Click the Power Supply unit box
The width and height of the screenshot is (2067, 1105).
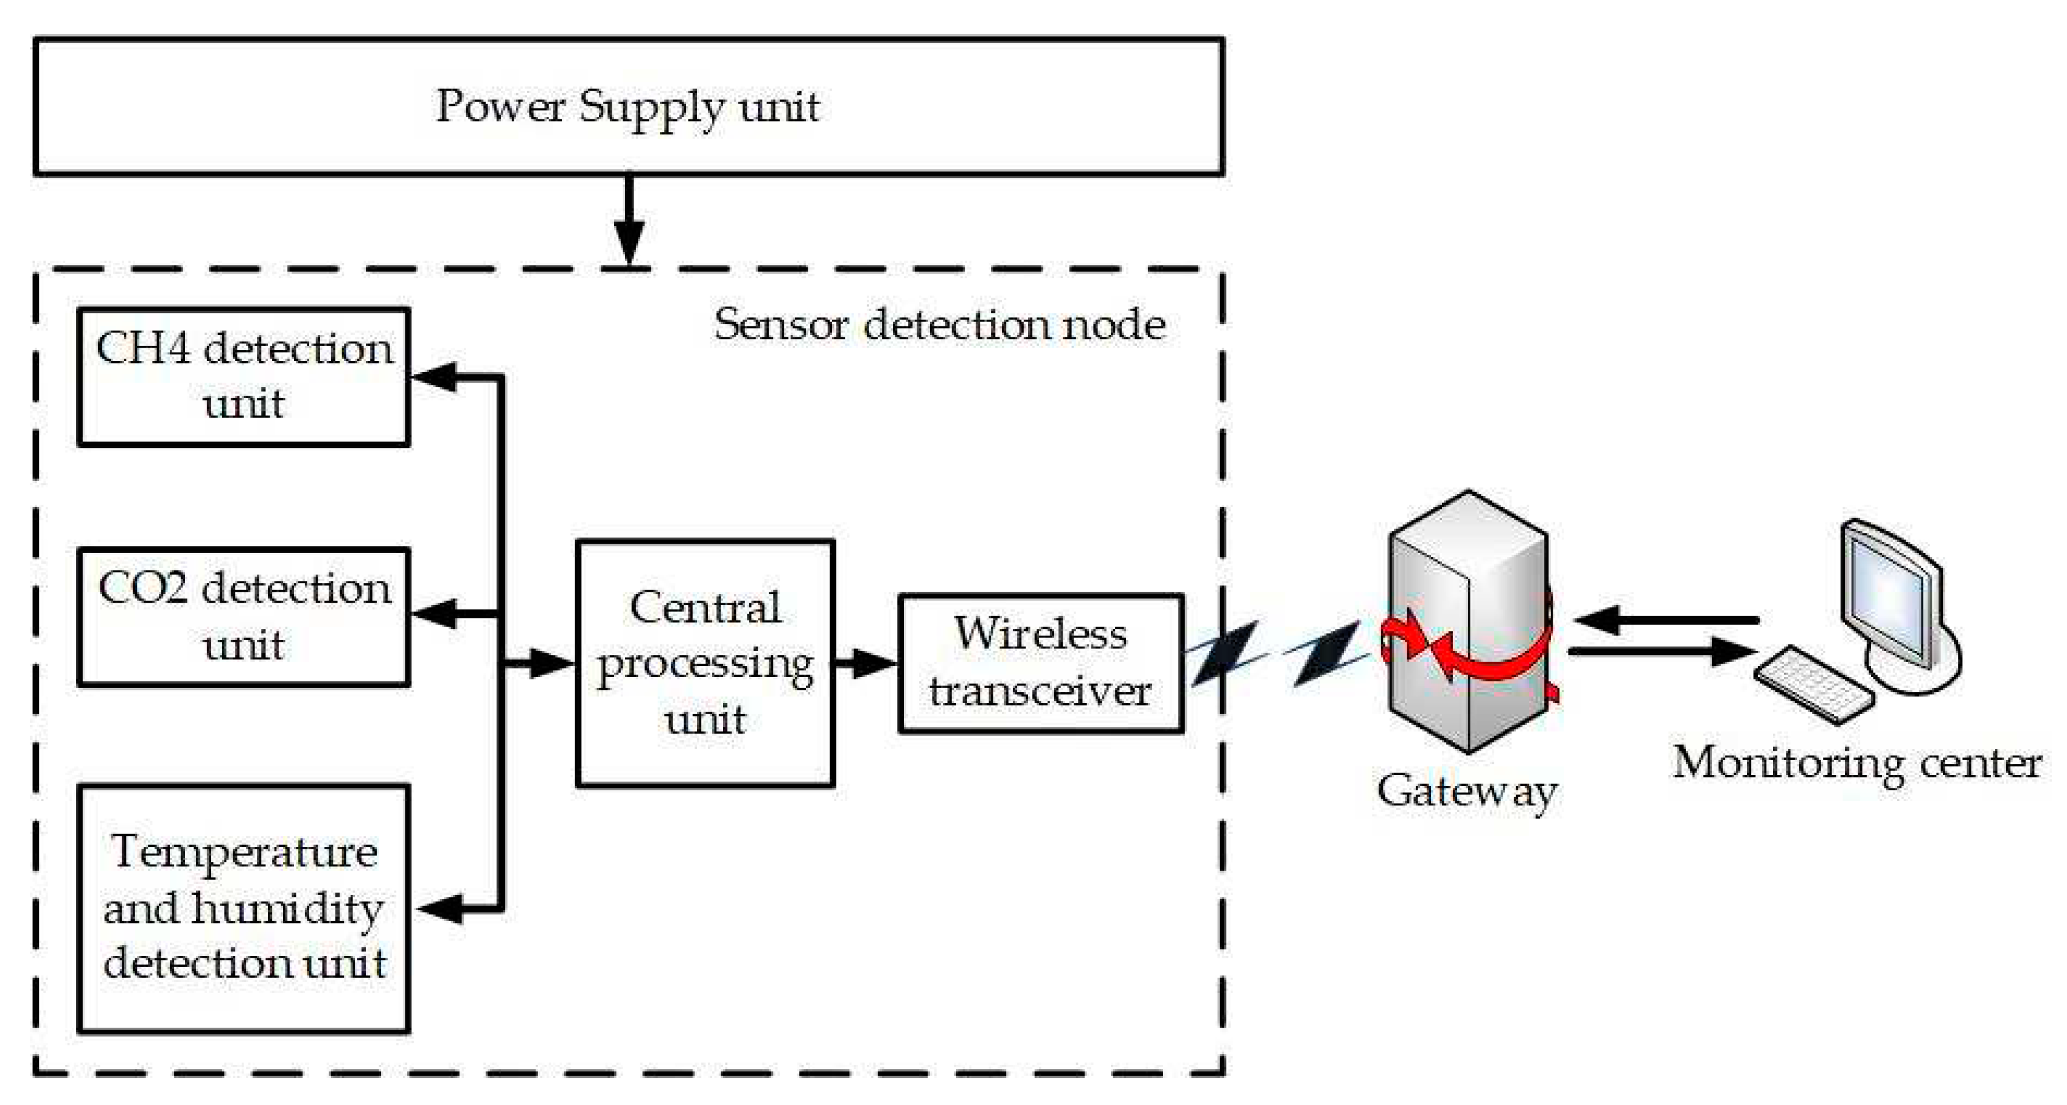tap(629, 106)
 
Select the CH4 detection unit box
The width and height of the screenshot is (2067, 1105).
tap(244, 376)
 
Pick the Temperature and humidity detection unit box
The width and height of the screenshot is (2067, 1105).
tap(244, 908)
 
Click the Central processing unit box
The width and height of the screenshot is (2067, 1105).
tap(705, 663)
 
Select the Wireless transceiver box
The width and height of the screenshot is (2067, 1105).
tap(1041, 663)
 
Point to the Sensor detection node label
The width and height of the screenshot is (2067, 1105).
tap(940, 324)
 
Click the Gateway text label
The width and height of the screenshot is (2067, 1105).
tap(1467, 791)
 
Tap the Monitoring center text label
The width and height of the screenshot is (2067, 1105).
tap(1857, 762)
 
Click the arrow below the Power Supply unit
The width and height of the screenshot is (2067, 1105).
tap(629, 220)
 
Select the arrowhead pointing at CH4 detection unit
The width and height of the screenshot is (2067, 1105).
tap(434, 376)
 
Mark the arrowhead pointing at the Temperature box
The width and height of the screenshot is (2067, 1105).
tap(439, 908)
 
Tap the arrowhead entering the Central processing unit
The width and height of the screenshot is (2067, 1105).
tap(553, 663)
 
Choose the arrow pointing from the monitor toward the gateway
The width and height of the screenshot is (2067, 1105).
tap(1667, 620)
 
